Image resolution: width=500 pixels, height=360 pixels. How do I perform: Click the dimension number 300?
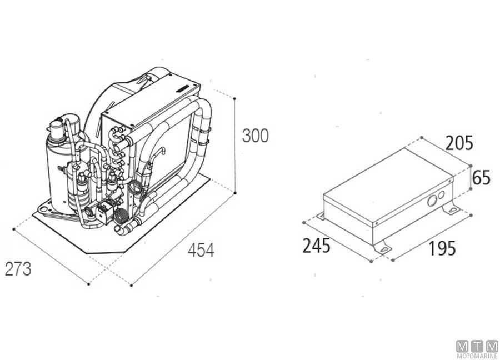click(x=255, y=136)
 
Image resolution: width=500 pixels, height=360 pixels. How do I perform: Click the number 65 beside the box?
click(x=482, y=178)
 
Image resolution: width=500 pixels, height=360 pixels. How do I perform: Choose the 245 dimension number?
click(x=316, y=245)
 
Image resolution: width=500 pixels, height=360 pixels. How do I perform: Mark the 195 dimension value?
click(x=442, y=248)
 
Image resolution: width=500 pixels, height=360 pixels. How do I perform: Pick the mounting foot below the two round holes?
click(x=451, y=209)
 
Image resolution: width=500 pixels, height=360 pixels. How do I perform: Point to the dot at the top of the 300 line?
click(x=235, y=99)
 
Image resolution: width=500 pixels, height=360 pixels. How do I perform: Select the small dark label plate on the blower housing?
click(x=184, y=87)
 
